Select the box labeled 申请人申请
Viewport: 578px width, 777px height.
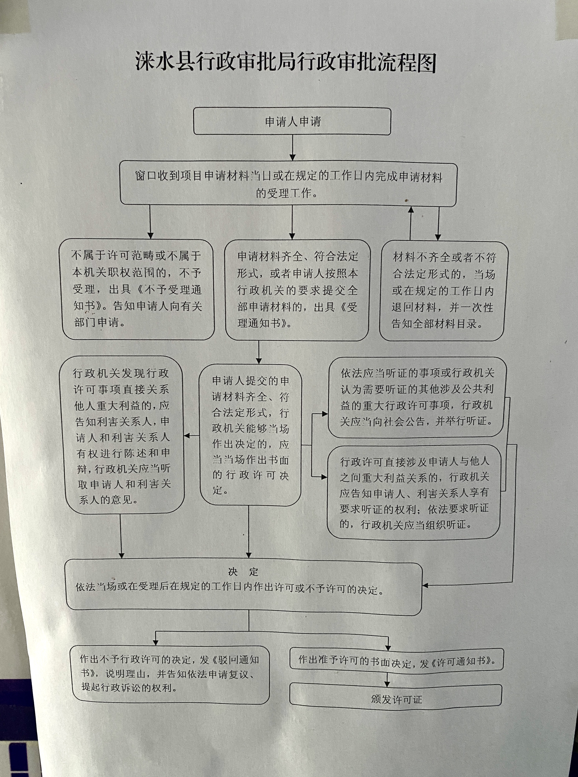click(x=292, y=121)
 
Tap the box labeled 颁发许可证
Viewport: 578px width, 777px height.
click(x=396, y=699)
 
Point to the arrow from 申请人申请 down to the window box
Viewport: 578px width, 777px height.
click(x=293, y=148)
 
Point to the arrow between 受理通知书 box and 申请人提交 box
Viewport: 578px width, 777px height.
click(x=259, y=352)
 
